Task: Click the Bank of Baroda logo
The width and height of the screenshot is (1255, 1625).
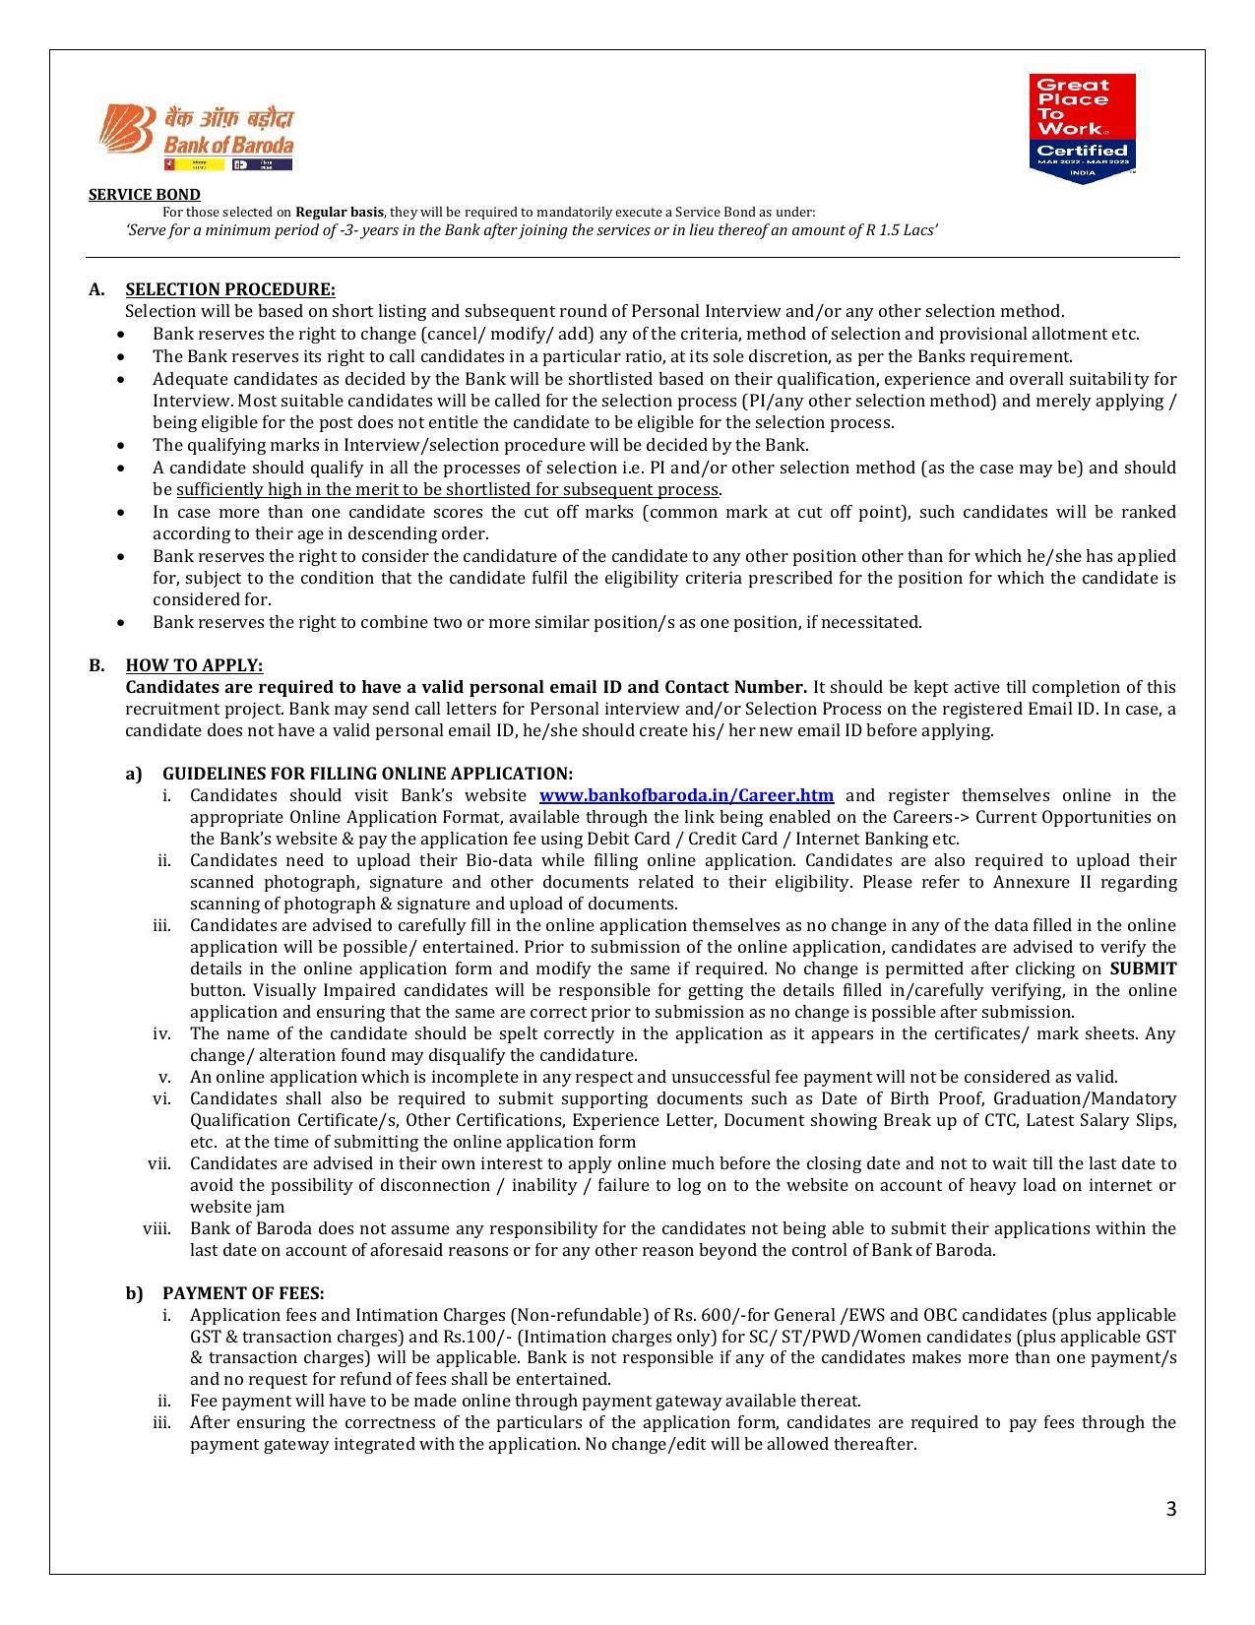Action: [x=197, y=138]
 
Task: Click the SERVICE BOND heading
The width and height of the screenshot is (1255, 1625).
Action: [x=144, y=195]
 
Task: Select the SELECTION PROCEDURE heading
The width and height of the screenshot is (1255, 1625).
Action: [x=229, y=289]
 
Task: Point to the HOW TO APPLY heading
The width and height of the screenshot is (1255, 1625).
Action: [x=194, y=665]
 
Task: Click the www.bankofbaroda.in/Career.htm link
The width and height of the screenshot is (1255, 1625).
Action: [x=686, y=795]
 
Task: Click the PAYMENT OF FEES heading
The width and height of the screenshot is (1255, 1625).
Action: [x=243, y=1293]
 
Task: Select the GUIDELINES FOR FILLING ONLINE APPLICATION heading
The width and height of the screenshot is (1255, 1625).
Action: [x=367, y=774]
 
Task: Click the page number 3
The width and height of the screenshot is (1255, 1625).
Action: [x=1170, y=1509]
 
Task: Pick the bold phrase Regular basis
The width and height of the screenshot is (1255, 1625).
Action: [x=340, y=212]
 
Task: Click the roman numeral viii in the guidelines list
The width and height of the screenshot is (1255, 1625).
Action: [x=157, y=1228]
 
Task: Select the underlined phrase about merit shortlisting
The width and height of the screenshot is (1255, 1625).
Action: [x=448, y=489]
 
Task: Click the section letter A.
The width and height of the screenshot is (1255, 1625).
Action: [x=95, y=289]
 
